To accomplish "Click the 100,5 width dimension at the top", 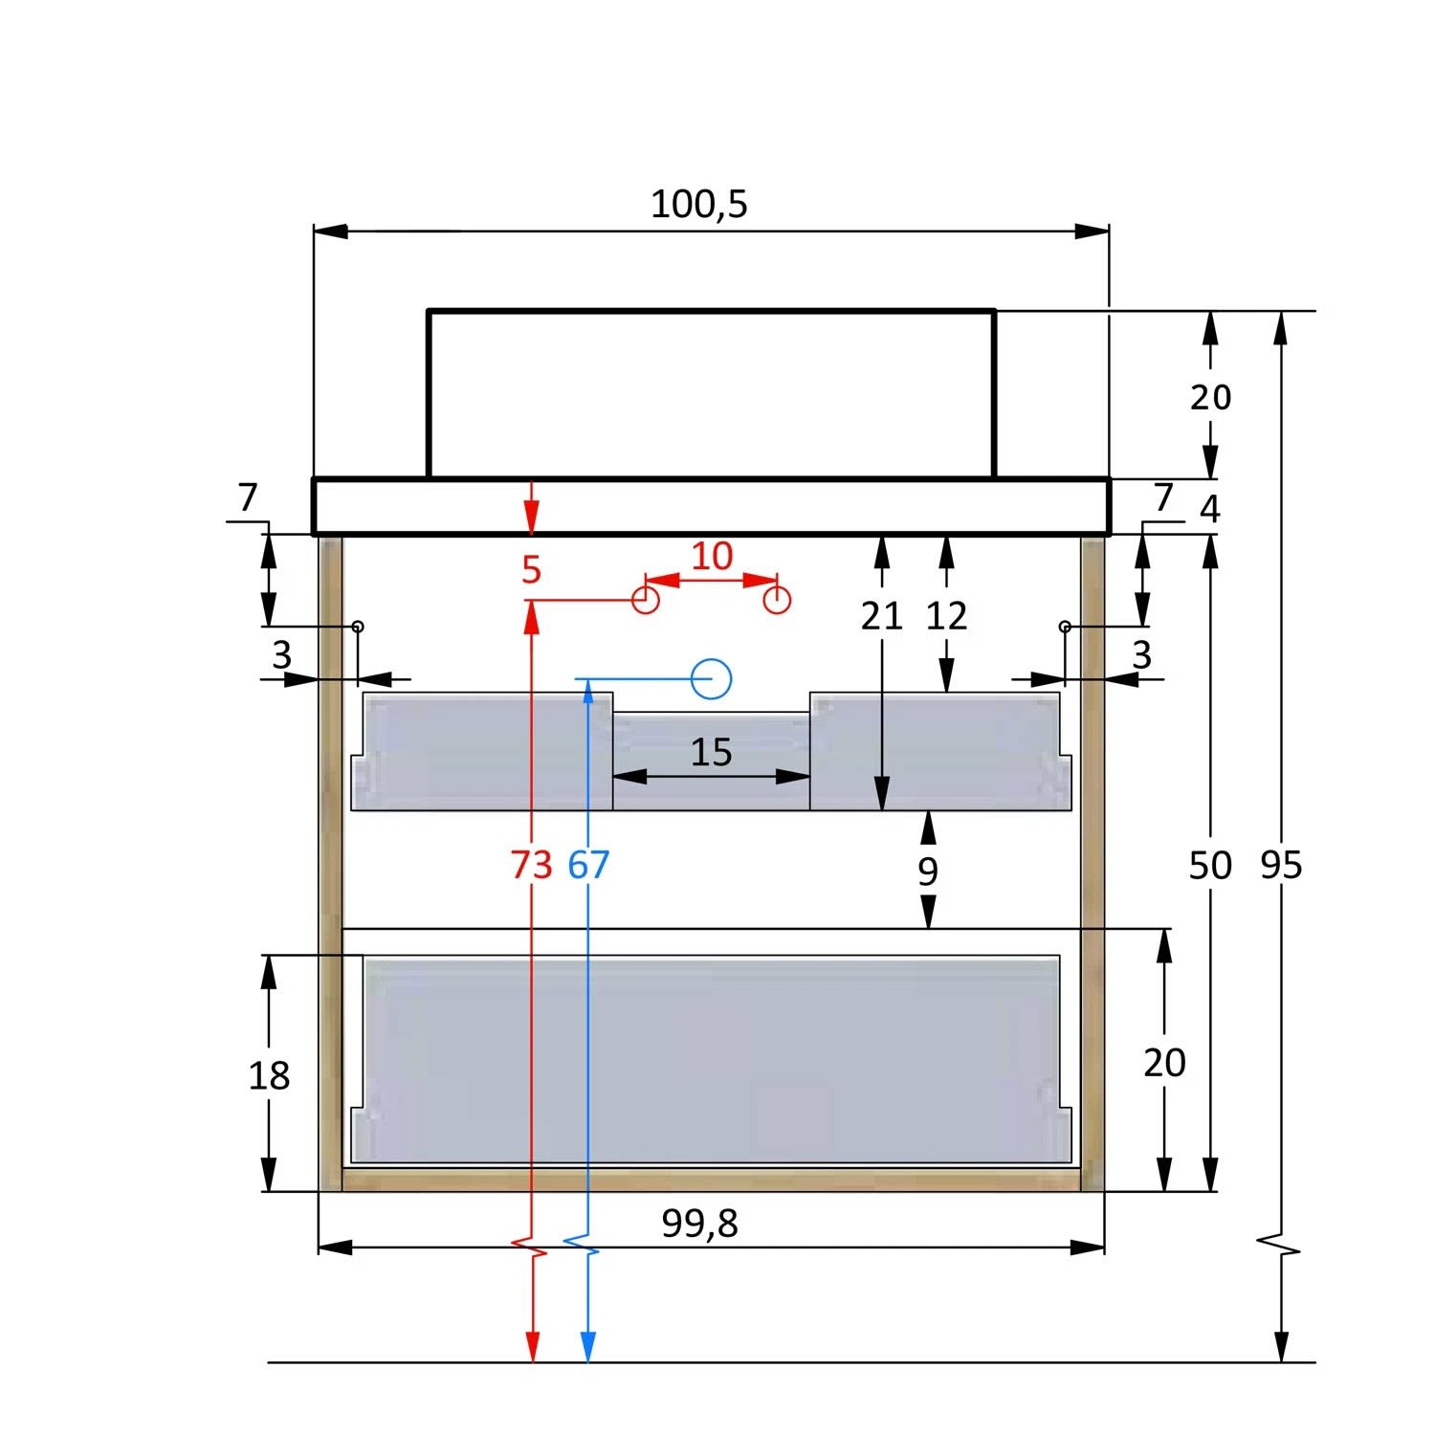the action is point(698,205).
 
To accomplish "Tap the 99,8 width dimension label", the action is point(699,1224).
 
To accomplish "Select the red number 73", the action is point(531,865).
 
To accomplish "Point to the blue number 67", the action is point(588,865).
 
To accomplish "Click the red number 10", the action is point(712,556).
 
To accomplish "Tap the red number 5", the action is point(532,570).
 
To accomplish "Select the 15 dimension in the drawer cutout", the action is point(711,753).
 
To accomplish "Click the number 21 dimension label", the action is point(881,617).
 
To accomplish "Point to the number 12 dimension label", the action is point(947,617).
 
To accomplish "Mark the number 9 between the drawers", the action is point(928,872).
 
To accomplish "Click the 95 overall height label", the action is point(1281,865).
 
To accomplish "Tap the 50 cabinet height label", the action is point(1210,865).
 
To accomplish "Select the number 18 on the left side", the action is point(269,1076).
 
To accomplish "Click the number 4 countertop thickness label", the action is point(1210,509).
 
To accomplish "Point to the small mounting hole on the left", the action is point(358,627).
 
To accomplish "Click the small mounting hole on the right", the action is point(1065,627).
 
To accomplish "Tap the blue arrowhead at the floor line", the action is point(588,1346).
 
